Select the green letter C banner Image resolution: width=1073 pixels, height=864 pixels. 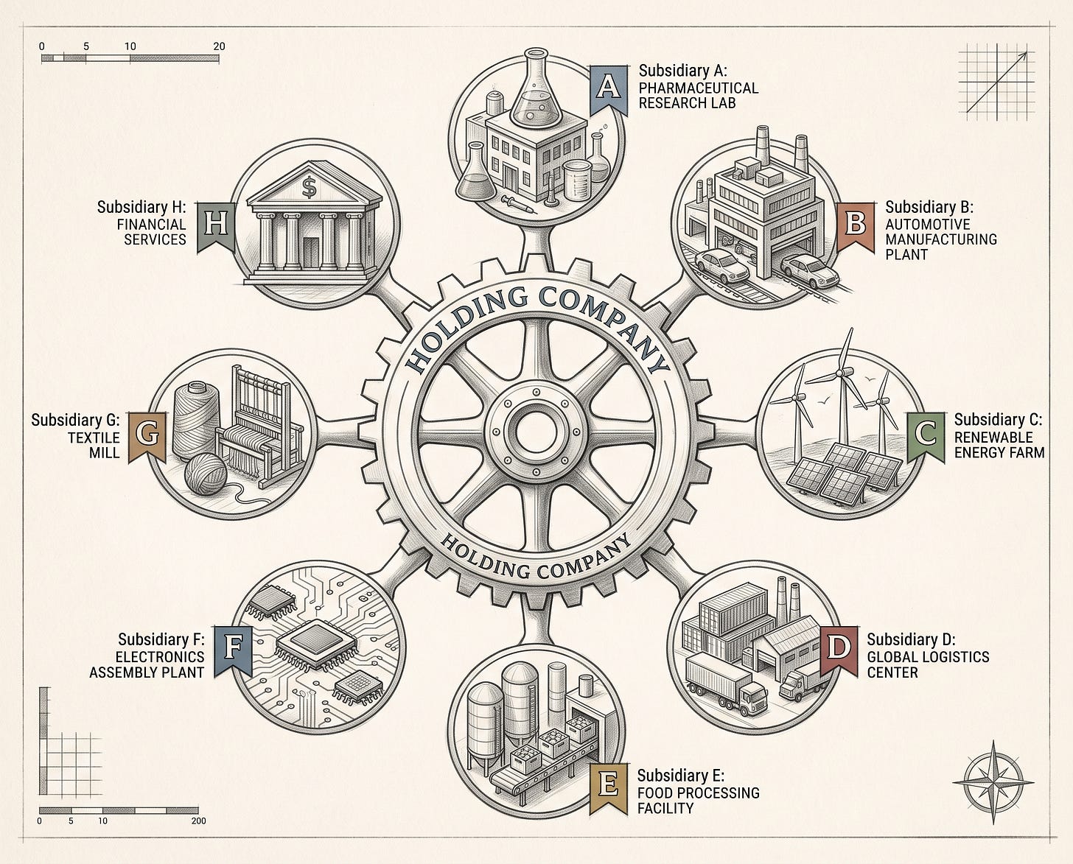(926, 437)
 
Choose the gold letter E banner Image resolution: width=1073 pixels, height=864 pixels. (608, 790)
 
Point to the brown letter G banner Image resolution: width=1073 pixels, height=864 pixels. (147, 437)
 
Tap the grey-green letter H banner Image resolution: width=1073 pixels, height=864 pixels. (216, 227)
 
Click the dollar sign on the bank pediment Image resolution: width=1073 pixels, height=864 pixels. (309, 187)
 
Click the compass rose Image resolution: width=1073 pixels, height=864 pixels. (993, 782)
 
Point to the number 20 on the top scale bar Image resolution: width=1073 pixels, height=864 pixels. (219, 46)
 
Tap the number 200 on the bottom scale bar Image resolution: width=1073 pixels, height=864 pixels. (198, 821)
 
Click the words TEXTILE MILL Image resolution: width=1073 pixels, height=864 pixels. (94, 445)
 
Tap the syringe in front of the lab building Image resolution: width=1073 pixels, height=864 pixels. (520, 205)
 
